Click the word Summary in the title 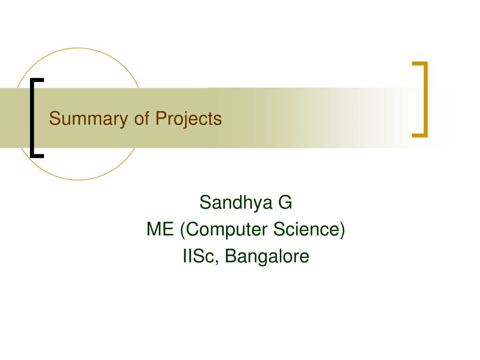[x=89, y=119]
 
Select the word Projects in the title [x=188, y=119]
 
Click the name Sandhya [x=236, y=202]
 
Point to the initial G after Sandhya [x=285, y=202]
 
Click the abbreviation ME [x=160, y=229]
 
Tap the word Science [x=307, y=229]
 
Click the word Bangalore [x=267, y=257]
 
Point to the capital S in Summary [x=55, y=118]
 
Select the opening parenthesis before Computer [x=183, y=230]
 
